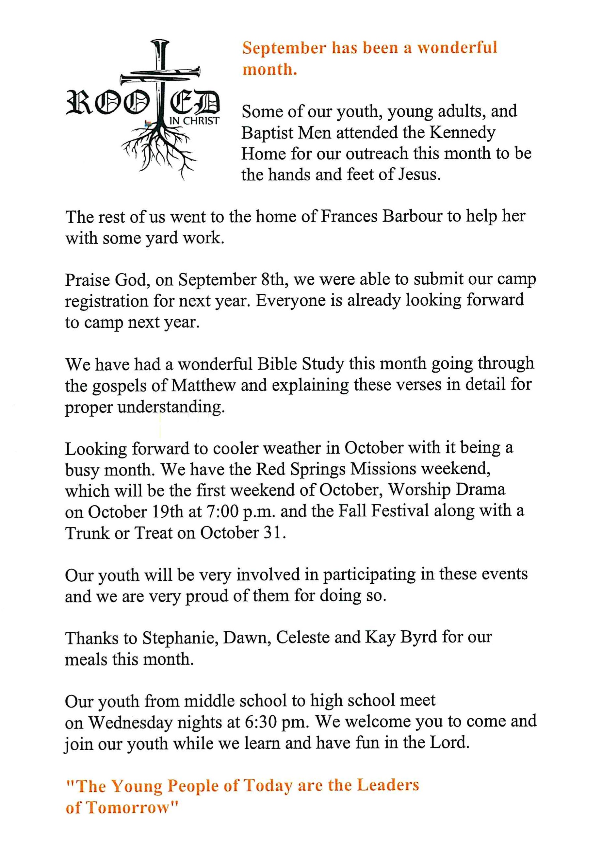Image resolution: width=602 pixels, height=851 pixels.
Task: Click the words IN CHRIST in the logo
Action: coord(194,121)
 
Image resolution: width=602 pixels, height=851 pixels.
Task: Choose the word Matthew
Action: coord(203,386)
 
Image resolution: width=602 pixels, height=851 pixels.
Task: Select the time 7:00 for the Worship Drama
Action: coord(222,512)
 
